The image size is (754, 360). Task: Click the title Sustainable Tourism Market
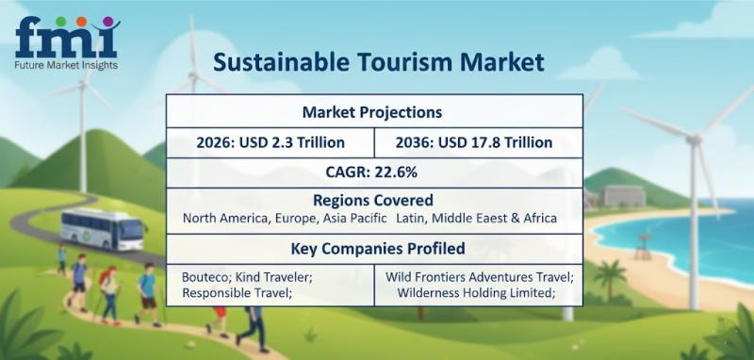click(379, 62)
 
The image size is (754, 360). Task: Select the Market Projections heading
click(371, 112)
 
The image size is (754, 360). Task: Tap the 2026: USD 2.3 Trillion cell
click(270, 142)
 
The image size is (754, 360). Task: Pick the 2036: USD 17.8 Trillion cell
click(474, 142)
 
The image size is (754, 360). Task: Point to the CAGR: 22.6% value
click(371, 172)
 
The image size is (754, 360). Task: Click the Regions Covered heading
click(373, 200)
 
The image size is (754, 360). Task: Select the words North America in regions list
click(226, 219)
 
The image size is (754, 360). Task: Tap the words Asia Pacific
click(355, 219)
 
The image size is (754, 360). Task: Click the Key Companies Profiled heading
click(378, 249)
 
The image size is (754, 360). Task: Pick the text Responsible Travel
click(238, 292)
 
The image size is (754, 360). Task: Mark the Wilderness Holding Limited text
click(476, 292)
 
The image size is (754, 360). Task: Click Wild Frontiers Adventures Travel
click(480, 277)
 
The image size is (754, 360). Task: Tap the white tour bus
click(104, 229)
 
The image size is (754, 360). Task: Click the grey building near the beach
click(623, 196)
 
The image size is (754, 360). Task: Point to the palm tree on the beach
click(610, 278)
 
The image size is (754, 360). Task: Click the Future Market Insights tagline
click(67, 65)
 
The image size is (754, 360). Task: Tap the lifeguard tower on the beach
click(642, 247)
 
